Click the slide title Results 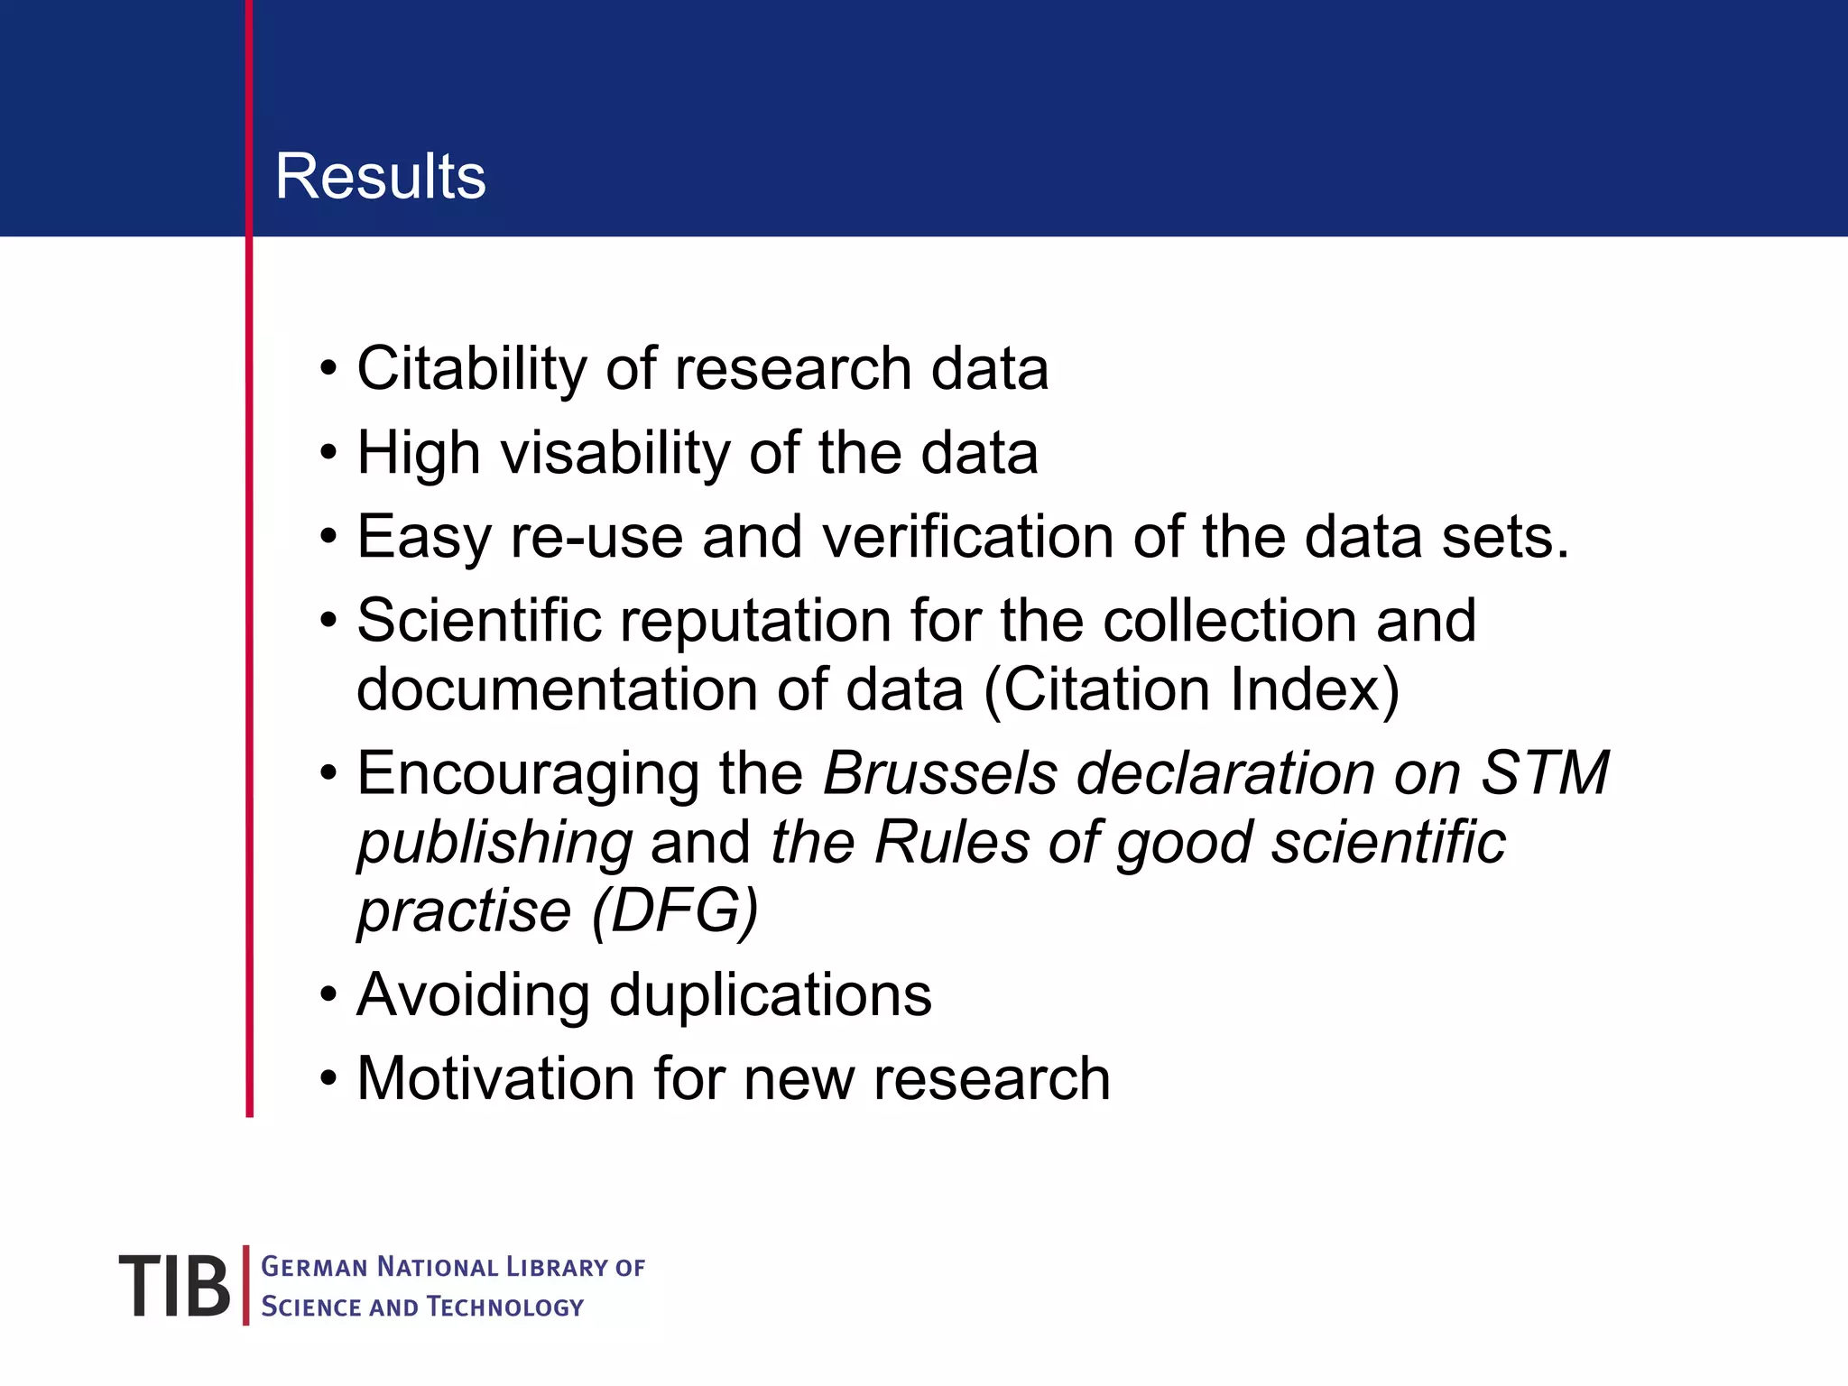pos(380,176)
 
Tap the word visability pos(615,453)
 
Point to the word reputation pos(756,621)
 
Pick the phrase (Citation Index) pos(1191,690)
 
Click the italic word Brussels pos(939,773)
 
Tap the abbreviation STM pos(1545,773)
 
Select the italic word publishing pos(494,844)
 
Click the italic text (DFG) pos(674,911)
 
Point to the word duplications pos(770,995)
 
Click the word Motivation pos(495,1079)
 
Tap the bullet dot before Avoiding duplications pos(328,996)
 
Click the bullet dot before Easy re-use pos(328,538)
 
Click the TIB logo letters pos(174,1286)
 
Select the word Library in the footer pos(556,1268)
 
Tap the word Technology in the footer pos(505,1307)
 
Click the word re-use pos(596,537)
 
